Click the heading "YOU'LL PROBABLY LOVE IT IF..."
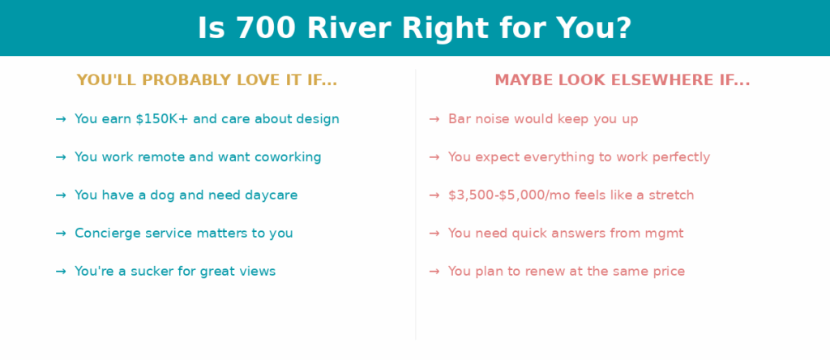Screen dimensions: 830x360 point(207,80)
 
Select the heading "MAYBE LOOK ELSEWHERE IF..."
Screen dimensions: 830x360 point(622,80)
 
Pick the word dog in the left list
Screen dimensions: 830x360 point(162,195)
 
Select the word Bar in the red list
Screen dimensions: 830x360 point(459,119)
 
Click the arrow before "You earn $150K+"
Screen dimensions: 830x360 point(61,119)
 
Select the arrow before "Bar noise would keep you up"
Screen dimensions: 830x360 point(434,119)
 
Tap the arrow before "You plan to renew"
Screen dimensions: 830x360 point(434,272)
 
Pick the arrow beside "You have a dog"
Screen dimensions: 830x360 point(61,195)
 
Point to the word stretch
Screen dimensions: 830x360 point(675,195)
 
